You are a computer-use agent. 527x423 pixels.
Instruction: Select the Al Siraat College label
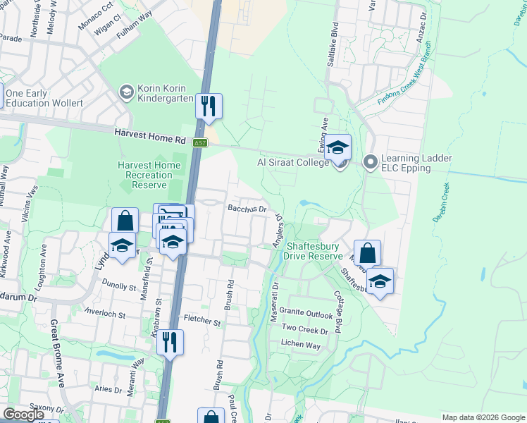click(293, 163)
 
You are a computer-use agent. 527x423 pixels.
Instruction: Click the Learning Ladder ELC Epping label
click(416, 164)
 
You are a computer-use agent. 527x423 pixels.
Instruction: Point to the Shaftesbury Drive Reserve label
click(313, 251)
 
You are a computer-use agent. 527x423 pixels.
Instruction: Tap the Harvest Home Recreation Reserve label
click(149, 175)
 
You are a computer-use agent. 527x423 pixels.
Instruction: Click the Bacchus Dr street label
click(247, 209)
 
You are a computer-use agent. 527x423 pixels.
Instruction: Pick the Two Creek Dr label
click(305, 330)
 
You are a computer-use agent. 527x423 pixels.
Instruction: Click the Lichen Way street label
click(301, 346)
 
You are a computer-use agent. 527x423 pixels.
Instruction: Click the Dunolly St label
click(118, 287)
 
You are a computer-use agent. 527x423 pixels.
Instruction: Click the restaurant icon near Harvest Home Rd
click(209, 106)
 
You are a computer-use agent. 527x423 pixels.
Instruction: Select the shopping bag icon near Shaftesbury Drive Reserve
click(367, 252)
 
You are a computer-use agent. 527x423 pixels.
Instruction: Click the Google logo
click(24, 415)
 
